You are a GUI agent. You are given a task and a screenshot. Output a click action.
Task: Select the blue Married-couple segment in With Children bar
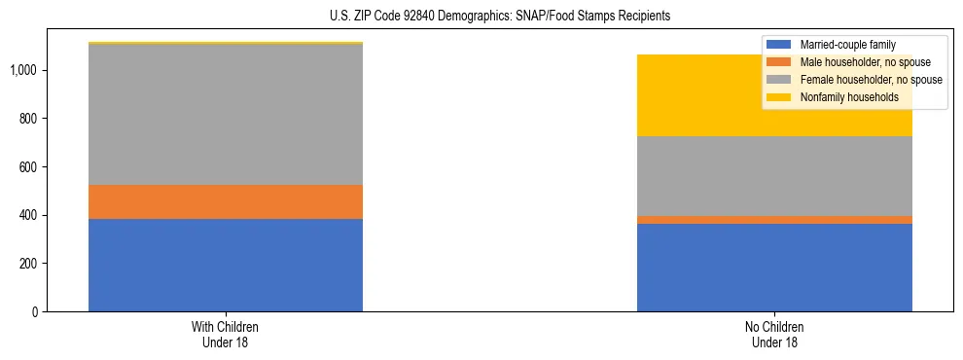(226, 265)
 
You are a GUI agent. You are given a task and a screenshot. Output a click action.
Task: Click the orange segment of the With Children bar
(226, 201)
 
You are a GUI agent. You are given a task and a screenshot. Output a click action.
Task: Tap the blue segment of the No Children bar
(774, 268)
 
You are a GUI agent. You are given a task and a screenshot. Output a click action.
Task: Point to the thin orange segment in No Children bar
(774, 220)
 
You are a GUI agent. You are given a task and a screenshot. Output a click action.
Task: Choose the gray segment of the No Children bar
(774, 176)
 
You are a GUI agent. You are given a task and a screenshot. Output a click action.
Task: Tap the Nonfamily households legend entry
(842, 97)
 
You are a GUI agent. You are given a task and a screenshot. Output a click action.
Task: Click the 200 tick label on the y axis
(31, 264)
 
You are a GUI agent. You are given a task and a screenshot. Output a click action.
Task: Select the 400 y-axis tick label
(31, 215)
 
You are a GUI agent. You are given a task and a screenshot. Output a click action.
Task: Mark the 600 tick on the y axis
(31, 167)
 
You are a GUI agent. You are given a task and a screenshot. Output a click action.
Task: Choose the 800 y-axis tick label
(31, 119)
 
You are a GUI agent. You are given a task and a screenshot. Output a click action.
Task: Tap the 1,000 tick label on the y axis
(26, 70)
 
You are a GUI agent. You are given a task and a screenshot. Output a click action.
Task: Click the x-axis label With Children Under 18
(226, 335)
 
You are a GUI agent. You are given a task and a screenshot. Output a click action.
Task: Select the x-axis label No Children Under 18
(774, 335)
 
